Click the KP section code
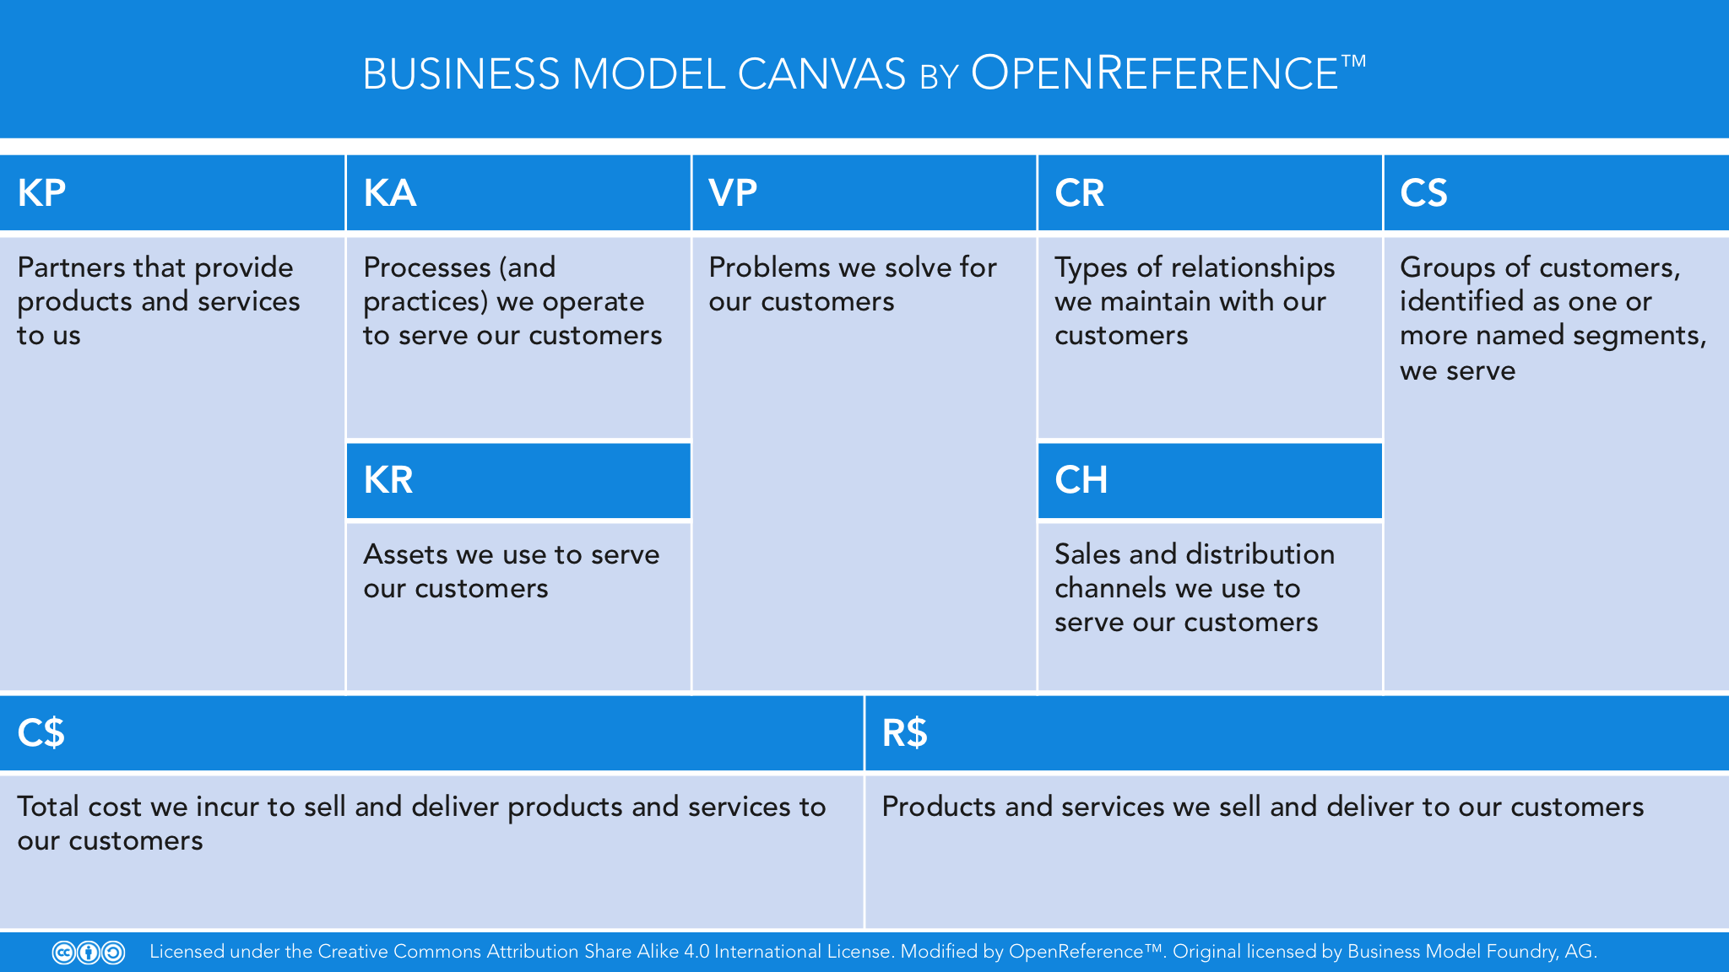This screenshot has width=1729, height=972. (x=41, y=193)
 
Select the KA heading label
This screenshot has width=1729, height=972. (x=389, y=193)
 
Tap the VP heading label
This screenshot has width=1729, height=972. (x=733, y=193)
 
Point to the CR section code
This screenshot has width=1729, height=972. (x=1079, y=193)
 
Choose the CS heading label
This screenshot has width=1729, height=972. (x=1423, y=193)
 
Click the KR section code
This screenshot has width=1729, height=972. (x=388, y=480)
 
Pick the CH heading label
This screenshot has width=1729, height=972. (x=1081, y=480)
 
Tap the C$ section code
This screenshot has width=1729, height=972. (x=41, y=732)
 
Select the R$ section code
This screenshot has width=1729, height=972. (x=905, y=732)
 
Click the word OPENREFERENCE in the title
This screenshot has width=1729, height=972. (x=1155, y=73)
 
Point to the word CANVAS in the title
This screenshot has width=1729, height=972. (x=821, y=74)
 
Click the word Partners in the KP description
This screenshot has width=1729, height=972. (x=71, y=267)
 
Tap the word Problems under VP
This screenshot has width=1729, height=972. (x=770, y=267)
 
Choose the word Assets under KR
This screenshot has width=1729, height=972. (x=405, y=554)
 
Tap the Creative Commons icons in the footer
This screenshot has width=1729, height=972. (x=89, y=953)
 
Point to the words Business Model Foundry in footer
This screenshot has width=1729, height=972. (x=1452, y=952)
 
